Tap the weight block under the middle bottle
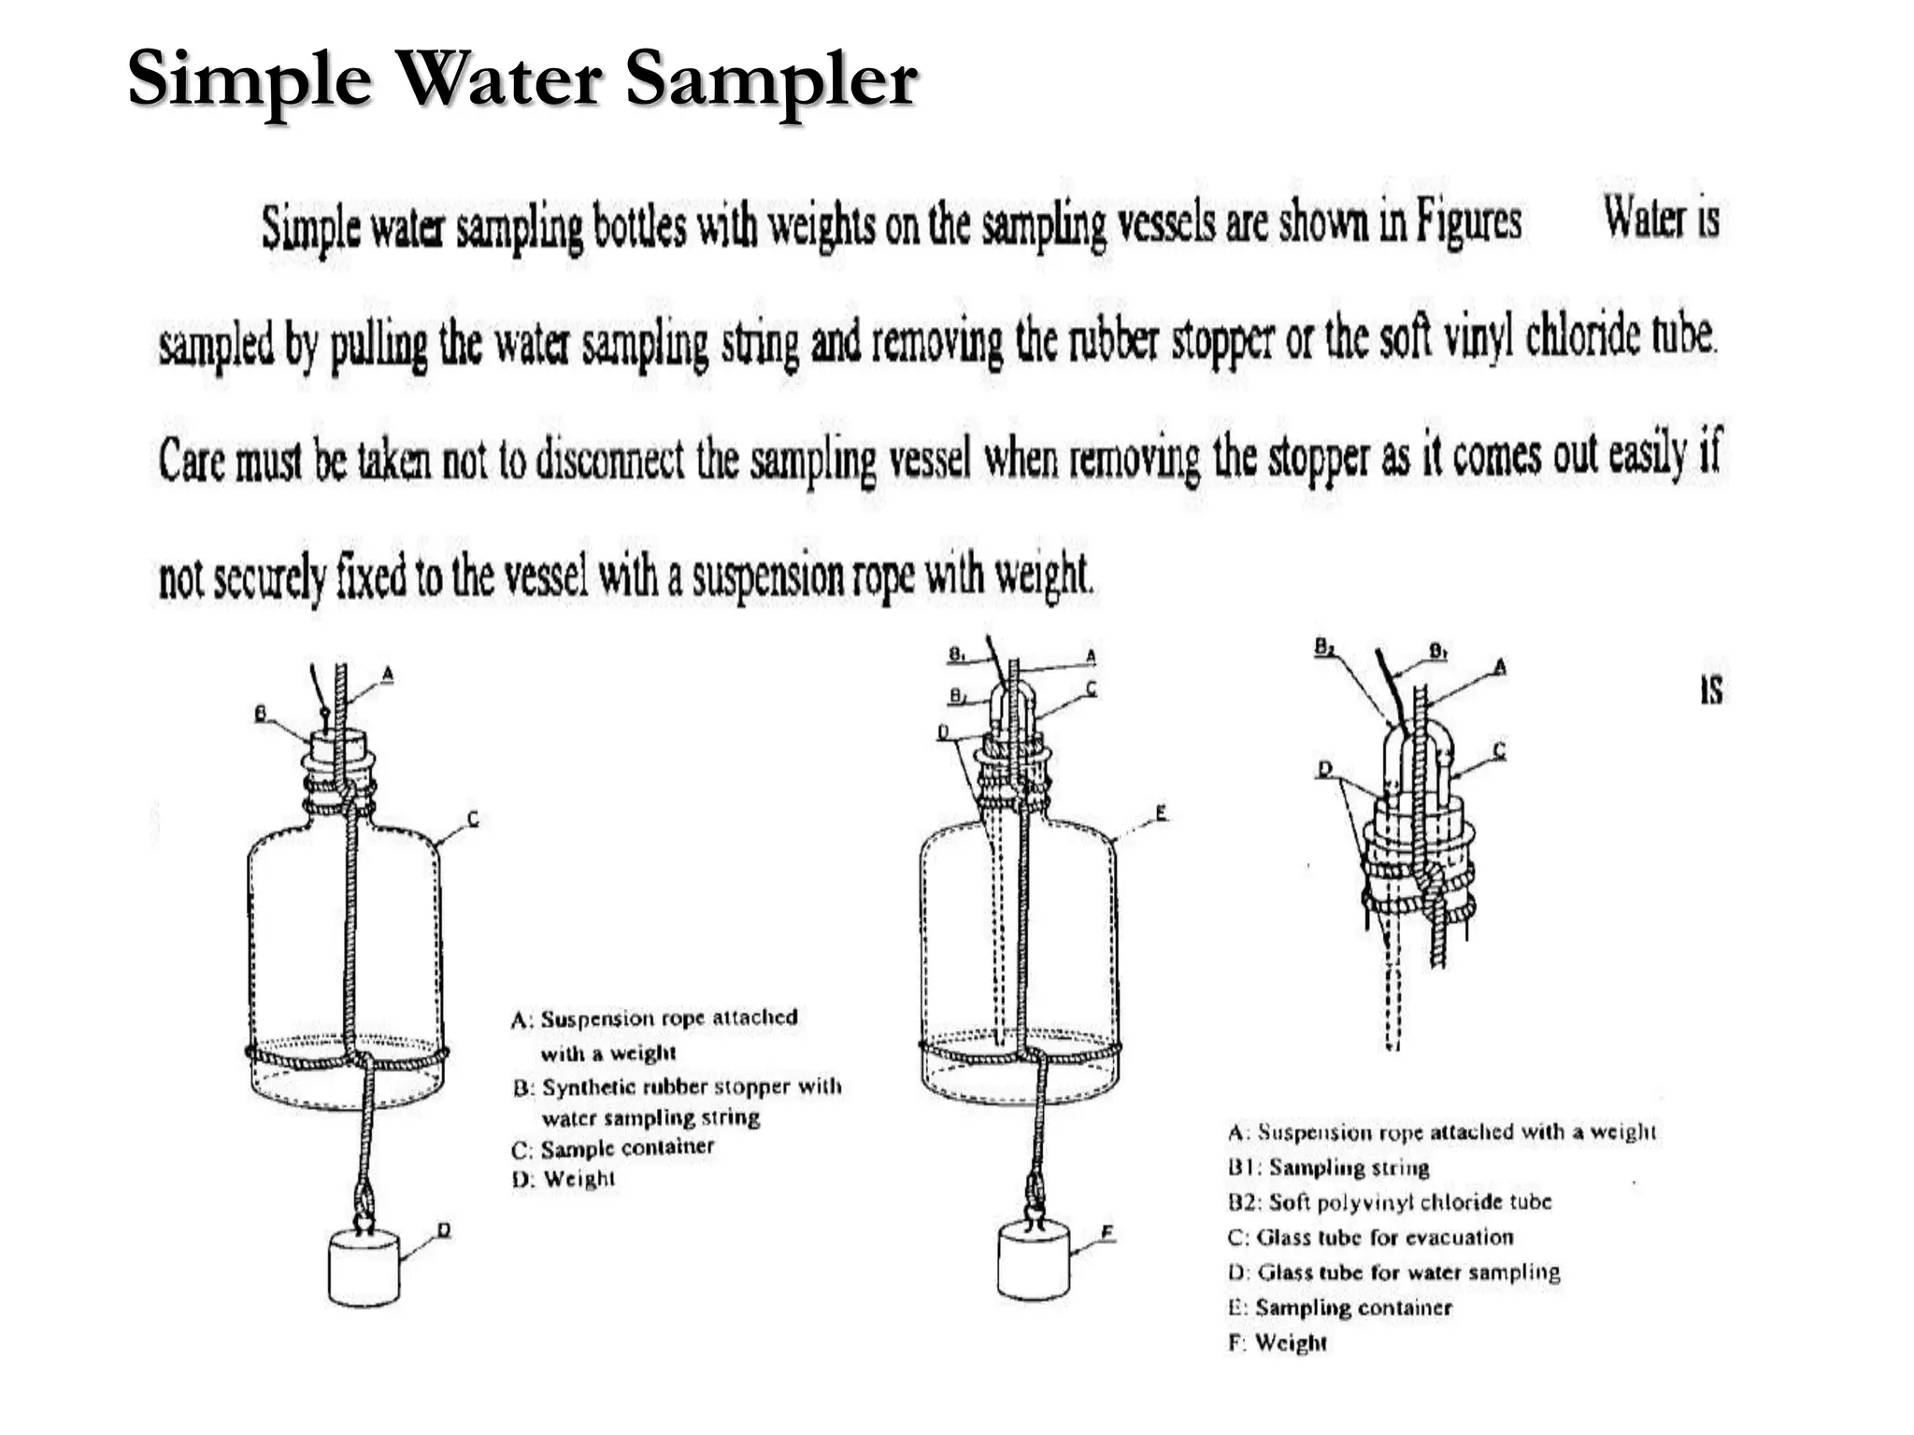click(x=1034, y=1261)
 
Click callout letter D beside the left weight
click(x=444, y=1229)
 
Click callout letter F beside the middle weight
click(x=1107, y=1233)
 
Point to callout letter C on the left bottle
click(x=473, y=819)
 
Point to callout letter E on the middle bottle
click(x=1161, y=813)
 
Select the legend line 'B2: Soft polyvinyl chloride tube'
click(x=1389, y=1202)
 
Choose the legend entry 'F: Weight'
click(x=1277, y=1343)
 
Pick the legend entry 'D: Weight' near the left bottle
click(x=564, y=1179)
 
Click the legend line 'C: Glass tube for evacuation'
click(x=1370, y=1238)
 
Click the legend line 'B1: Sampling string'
click(x=1328, y=1168)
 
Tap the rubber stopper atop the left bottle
click(x=338, y=747)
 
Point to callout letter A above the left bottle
click(x=388, y=674)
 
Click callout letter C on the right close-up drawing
click(x=1499, y=749)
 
